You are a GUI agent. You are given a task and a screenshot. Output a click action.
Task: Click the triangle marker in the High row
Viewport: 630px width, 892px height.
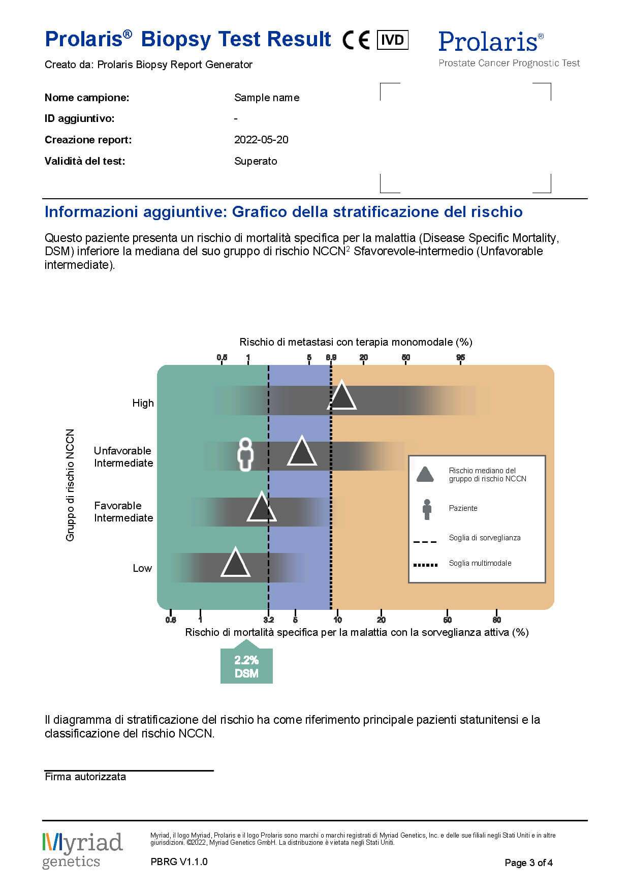click(342, 396)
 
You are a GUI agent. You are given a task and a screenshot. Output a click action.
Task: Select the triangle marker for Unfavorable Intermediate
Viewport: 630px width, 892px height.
click(302, 452)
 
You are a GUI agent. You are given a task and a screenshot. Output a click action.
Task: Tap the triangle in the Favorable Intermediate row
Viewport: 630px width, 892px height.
click(261, 508)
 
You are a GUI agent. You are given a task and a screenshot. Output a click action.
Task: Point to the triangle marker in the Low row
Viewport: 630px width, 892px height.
click(235, 564)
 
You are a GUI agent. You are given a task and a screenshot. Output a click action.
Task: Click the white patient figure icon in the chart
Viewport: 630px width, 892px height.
click(245, 454)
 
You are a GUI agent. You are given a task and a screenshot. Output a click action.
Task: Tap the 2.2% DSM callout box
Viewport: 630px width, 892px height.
click(246, 666)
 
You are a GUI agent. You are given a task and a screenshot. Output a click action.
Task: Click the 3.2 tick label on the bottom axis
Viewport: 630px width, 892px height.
click(269, 620)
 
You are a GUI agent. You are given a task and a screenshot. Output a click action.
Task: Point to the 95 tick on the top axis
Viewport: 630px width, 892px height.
click(460, 357)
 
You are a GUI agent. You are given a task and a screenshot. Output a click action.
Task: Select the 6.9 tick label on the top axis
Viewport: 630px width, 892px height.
click(331, 357)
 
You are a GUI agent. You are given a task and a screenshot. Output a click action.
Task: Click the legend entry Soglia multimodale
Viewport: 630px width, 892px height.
click(480, 563)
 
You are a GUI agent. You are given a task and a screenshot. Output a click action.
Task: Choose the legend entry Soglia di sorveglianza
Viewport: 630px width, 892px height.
click(484, 538)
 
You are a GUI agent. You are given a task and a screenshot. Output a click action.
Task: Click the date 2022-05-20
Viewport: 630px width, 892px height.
click(261, 140)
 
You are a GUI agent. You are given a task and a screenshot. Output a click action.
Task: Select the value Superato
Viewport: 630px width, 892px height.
click(256, 161)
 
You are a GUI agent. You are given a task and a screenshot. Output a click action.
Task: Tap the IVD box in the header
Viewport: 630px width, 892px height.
click(392, 40)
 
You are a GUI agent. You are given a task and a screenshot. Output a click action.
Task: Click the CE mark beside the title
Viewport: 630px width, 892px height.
click(356, 40)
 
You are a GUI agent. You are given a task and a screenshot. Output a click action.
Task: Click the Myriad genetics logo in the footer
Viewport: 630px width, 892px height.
click(82, 850)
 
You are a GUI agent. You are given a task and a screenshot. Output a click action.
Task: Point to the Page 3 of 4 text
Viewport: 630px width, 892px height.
click(528, 863)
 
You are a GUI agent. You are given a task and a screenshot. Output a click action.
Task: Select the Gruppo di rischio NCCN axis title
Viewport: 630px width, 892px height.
click(70, 485)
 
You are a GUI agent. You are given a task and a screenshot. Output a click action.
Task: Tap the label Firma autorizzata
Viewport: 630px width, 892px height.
click(85, 777)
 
